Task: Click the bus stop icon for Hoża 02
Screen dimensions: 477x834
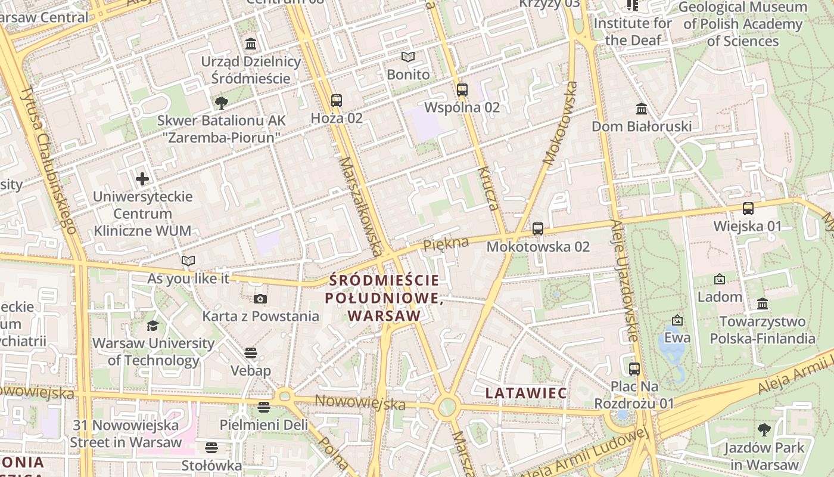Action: click(x=337, y=100)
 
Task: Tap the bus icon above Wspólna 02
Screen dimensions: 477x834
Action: click(x=462, y=90)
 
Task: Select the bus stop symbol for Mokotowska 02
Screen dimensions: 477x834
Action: click(x=538, y=228)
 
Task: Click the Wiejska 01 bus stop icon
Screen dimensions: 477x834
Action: click(x=748, y=209)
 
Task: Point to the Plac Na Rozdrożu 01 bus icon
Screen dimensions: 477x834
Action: click(x=634, y=368)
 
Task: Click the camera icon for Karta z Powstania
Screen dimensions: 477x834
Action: click(x=260, y=299)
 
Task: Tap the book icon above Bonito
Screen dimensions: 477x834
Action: click(x=408, y=57)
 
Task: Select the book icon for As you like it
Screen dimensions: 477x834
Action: click(x=188, y=261)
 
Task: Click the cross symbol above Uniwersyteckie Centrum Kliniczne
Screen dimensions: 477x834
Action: click(x=142, y=178)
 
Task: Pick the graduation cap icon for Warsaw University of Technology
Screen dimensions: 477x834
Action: click(x=153, y=326)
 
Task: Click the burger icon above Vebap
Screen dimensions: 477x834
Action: click(x=251, y=353)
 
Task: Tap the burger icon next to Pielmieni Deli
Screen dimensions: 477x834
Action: click(x=264, y=407)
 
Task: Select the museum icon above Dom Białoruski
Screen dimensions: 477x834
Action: click(x=642, y=109)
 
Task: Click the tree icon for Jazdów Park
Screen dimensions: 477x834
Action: click(x=764, y=430)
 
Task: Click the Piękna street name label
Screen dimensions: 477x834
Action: click(x=446, y=243)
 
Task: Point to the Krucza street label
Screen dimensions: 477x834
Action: click(x=487, y=188)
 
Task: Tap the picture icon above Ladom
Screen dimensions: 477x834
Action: click(x=720, y=279)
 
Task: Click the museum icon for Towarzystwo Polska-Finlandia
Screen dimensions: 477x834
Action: click(x=763, y=304)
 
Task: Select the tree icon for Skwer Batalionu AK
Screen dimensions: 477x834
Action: click(x=222, y=103)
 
